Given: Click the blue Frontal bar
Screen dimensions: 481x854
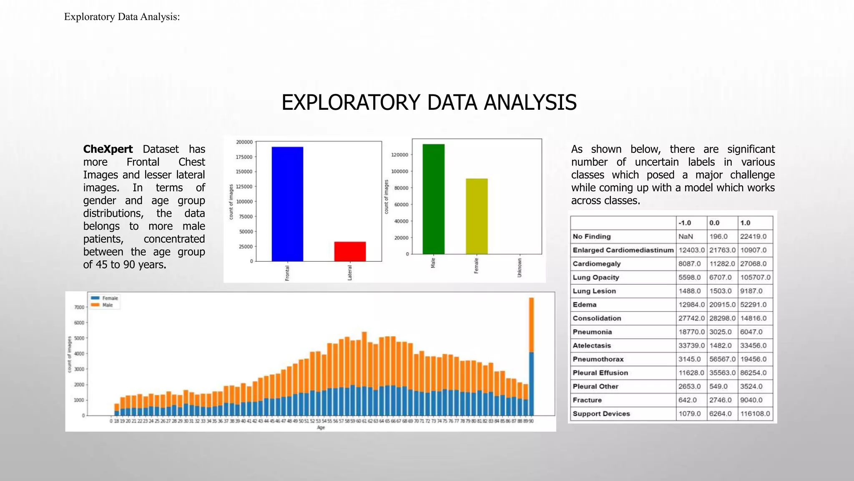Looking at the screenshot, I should (287, 204).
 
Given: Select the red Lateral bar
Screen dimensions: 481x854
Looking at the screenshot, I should (350, 251).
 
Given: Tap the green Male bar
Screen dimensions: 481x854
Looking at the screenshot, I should (433, 199).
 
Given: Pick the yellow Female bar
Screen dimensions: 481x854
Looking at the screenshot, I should (477, 216).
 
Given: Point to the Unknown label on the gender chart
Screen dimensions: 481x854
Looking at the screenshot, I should (520, 268).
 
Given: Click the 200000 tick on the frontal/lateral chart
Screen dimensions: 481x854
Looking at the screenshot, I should (244, 142).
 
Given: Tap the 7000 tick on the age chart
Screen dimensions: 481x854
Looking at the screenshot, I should (79, 307).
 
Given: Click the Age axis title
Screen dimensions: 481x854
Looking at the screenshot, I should (321, 428).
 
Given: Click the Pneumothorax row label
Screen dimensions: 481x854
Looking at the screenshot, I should (598, 359).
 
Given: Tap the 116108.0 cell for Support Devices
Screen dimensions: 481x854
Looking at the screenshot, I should (755, 414).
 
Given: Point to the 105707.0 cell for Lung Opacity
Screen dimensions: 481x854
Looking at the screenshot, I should (755, 278).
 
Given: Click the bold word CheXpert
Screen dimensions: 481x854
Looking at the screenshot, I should (108, 149).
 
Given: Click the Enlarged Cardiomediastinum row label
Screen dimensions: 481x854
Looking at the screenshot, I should (623, 250).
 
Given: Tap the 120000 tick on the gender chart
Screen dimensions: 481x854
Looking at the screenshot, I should (399, 155).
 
